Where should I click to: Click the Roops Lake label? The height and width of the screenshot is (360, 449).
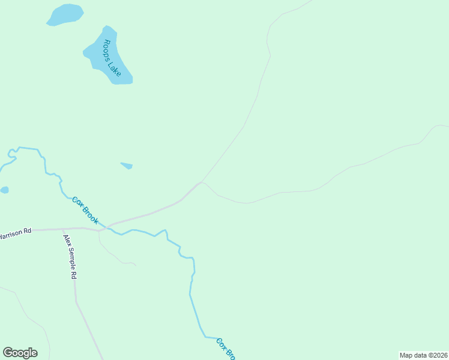[112, 58]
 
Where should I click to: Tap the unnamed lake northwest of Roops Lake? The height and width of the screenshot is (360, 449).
[65, 14]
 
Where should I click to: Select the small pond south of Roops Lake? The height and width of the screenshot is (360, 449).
[127, 165]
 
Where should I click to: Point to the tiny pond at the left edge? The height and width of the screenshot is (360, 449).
[4, 190]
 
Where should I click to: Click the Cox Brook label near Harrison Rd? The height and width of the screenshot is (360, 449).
[85, 211]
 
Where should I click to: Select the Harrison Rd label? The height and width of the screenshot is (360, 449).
[15, 233]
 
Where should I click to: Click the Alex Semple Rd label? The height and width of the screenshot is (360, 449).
[70, 257]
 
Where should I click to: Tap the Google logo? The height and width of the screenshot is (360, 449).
[20, 353]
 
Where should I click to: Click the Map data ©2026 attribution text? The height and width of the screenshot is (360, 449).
[423, 355]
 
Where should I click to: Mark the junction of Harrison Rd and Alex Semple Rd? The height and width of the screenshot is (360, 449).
[63, 229]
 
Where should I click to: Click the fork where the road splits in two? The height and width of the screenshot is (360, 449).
[200, 183]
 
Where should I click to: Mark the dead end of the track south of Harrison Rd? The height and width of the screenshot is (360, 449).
[136, 265]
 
